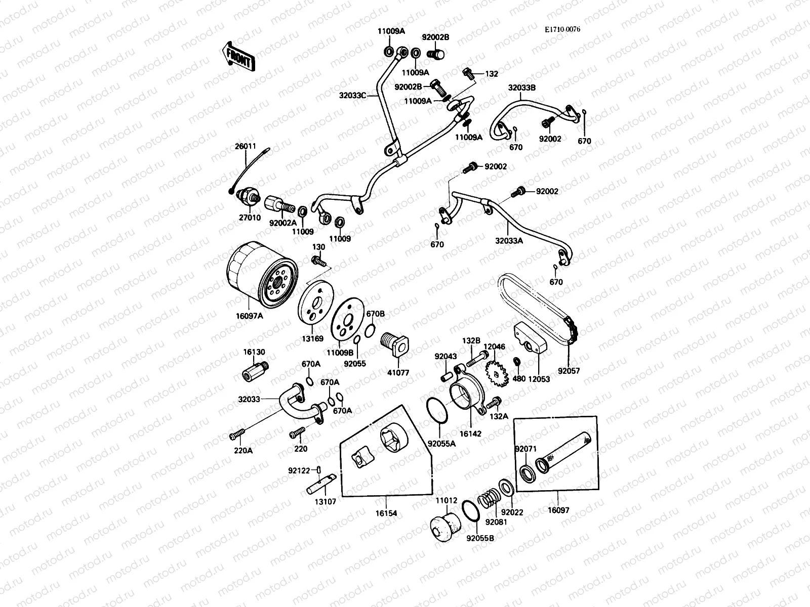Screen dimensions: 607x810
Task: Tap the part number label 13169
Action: (313, 338)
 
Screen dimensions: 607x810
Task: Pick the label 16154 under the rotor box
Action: (386, 513)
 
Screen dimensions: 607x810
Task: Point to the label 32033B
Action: (522, 88)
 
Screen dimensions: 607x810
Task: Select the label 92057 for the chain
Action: (569, 371)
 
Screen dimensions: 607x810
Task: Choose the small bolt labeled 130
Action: (318, 261)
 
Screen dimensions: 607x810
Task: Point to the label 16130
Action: (254, 352)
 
